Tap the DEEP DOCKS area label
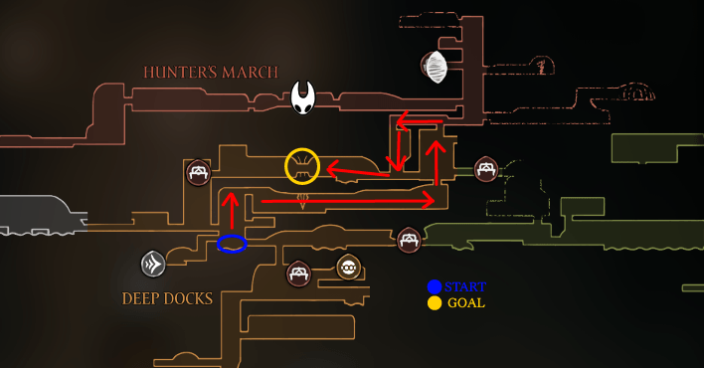pos(167,298)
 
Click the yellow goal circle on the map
pos(302,166)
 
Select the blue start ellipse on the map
pos(232,243)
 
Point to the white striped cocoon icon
pos(435,68)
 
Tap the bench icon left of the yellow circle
pos(199,173)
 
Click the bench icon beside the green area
pos(485,169)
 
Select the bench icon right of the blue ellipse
pos(409,240)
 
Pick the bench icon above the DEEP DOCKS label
pos(297,274)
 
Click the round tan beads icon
pos(348,267)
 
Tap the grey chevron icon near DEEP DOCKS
pos(152,264)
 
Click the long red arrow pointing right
pos(348,201)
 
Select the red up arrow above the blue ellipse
pos(231,211)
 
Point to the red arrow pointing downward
pos(396,144)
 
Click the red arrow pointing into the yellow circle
pos(358,174)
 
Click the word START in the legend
pos(465,287)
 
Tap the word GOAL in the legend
pos(466,303)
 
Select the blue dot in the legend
pos(435,287)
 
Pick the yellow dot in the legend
pos(435,303)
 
